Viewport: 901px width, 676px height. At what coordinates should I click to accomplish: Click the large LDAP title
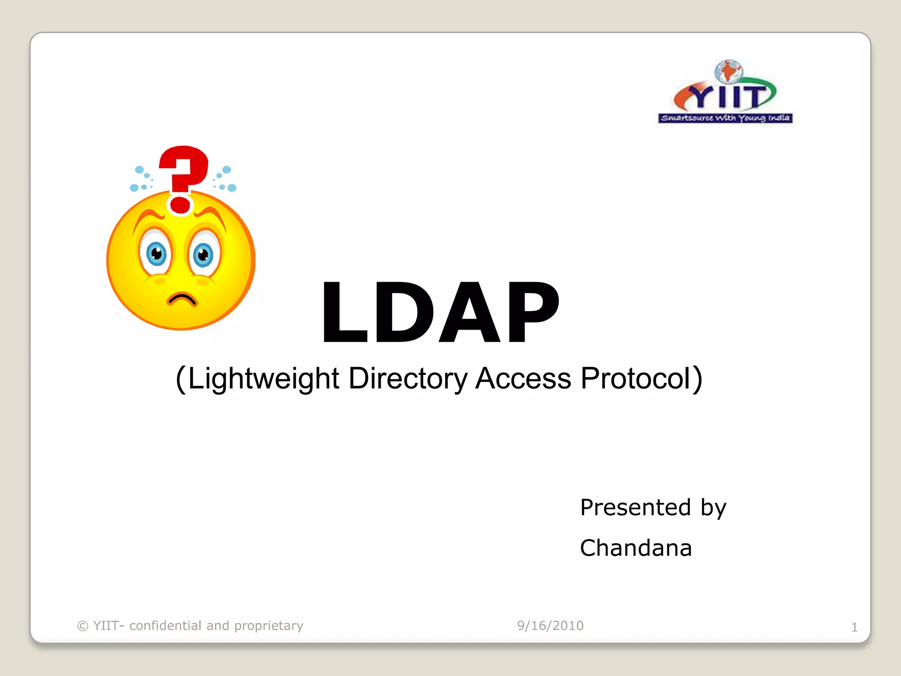pos(440,312)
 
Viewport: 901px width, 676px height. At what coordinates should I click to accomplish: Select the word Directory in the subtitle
pos(408,378)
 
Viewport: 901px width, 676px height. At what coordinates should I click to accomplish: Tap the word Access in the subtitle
pos(523,378)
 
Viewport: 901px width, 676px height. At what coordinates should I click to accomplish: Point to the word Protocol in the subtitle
pos(636,378)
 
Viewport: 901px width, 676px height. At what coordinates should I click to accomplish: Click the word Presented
pos(635,507)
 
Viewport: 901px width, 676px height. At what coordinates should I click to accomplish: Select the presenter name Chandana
pos(636,548)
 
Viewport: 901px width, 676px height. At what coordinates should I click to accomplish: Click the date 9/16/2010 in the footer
pos(550,625)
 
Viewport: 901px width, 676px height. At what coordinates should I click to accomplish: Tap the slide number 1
pos(854,627)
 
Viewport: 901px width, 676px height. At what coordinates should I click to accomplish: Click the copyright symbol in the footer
pos(83,626)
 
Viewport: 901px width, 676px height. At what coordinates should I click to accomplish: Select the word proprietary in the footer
pos(268,625)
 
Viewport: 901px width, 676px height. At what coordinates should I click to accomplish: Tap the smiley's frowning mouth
pos(182,300)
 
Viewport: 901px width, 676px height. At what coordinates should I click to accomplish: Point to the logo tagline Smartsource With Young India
pos(725,118)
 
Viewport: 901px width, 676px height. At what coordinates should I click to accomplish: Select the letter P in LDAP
pos(533,312)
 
